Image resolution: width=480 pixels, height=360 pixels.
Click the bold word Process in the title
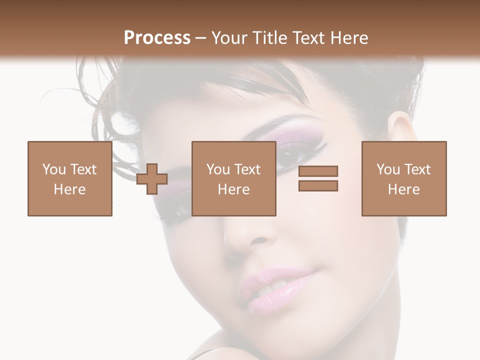(157, 37)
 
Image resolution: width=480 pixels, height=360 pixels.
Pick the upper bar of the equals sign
(318, 171)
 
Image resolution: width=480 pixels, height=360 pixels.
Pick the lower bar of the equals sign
(318, 186)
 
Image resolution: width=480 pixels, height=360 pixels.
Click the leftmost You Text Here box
(70, 178)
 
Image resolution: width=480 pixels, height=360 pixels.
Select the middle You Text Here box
(233, 178)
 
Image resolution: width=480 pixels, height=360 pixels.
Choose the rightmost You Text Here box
(404, 178)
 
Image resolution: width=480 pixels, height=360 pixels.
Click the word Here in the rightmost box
(404, 189)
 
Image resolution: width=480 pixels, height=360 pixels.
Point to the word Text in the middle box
(248, 169)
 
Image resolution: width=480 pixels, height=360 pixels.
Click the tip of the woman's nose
(245, 240)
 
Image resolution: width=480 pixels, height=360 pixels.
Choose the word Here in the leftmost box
(70, 189)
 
